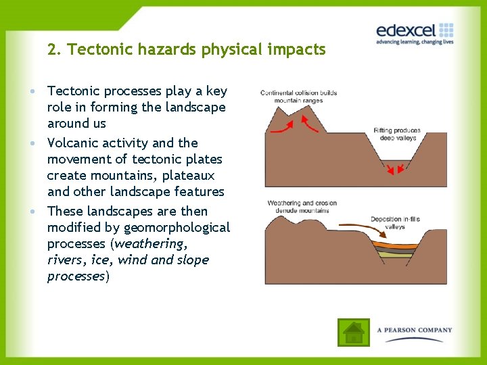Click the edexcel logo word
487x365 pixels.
pyautogui.click(x=405, y=30)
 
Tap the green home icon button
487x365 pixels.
pyautogui.click(x=353, y=332)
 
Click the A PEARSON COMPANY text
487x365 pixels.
pyautogui.click(x=415, y=330)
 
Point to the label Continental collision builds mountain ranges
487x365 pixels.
pyautogui.click(x=298, y=97)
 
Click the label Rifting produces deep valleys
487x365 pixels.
pyautogui.click(x=397, y=134)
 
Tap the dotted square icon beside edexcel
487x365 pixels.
pyautogui.click(x=446, y=30)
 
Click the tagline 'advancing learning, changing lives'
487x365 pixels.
pyautogui.click(x=414, y=43)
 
